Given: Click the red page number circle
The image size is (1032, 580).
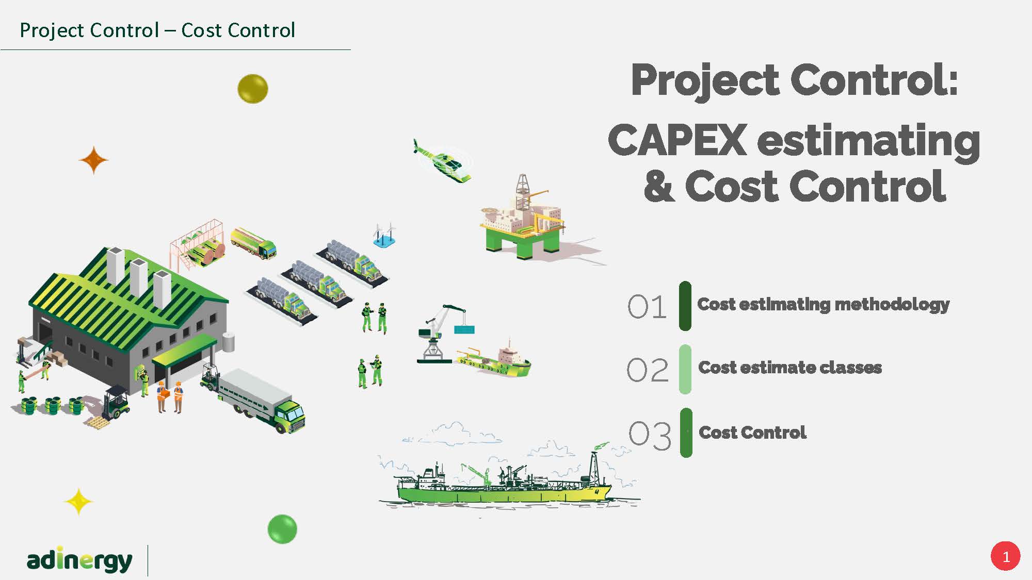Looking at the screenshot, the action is pyautogui.click(x=1005, y=556).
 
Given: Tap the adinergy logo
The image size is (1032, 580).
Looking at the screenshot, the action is pyautogui.click(x=79, y=560).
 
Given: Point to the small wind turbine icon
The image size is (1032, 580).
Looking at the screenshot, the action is pyautogui.click(x=384, y=235).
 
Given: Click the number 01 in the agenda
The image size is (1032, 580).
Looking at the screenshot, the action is pyautogui.click(x=648, y=307).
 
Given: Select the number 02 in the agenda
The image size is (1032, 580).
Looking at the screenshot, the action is pyautogui.click(x=648, y=370).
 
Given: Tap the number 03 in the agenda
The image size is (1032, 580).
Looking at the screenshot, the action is pyautogui.click(x=650, y=435).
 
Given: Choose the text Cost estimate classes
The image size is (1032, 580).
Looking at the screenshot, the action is pyautogui.click(x=790, y=368).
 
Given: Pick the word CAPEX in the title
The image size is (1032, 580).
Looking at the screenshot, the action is pyautogui.click(x=678, y=140).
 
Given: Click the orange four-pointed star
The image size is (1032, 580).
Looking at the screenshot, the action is pyautogui.click(x=93, y=160).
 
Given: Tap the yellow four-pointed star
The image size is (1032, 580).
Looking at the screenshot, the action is pyautogui.click(x=78, y=502).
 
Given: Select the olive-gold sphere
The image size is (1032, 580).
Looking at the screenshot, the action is pyautogui.click(x=253, y=89).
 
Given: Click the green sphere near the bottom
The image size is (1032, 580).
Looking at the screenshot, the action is pyautogui.click(x=282, y=529).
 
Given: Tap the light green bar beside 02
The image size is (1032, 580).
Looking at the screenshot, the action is pyautogui.click(x=685, y=370).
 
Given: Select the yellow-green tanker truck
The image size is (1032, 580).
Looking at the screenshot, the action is pyautogui.click(x=253, y=243).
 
